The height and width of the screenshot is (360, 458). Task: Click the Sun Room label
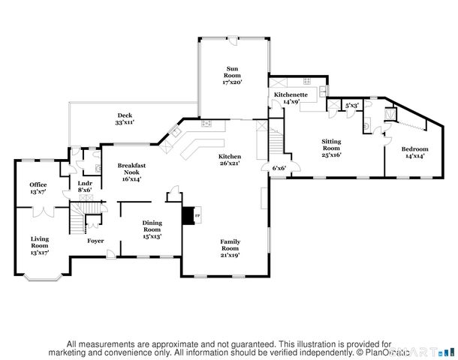pyautogui.click(x=233, y=75)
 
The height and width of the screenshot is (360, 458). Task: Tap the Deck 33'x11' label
pyautogui.click(x=125, y=118)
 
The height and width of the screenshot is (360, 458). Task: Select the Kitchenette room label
pyautogui.click(x=289, y=97)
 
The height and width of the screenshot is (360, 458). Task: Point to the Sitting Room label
pyautogui.click(x=331, y=148)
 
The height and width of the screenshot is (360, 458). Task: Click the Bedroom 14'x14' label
pyautogui.click(x=416, y=152)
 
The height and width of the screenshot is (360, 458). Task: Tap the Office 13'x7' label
pyautogui.click(x=38, y=188)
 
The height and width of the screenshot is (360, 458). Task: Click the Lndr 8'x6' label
pyautogui.click(x=85, y=187)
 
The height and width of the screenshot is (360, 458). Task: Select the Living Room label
pyautogui.click(x=39, y=244)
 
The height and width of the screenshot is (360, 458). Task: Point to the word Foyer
pyautogui.click(x=95, y=241)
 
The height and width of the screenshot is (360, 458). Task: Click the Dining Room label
pyautogui.click(x=152, y=229)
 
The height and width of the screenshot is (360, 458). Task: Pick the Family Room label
pyautogui.click(x=230, y=248)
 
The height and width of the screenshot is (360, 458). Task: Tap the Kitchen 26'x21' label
pyautogui.click(x=230, y=160)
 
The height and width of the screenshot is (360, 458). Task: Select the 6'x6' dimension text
pyautogui.click(x=279, y=168)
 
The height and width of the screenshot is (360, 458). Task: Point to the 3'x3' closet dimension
pyautogui.click(x=351, y=106)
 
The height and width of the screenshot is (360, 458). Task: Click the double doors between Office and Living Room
pyautogui.click(x=42, y=211)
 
